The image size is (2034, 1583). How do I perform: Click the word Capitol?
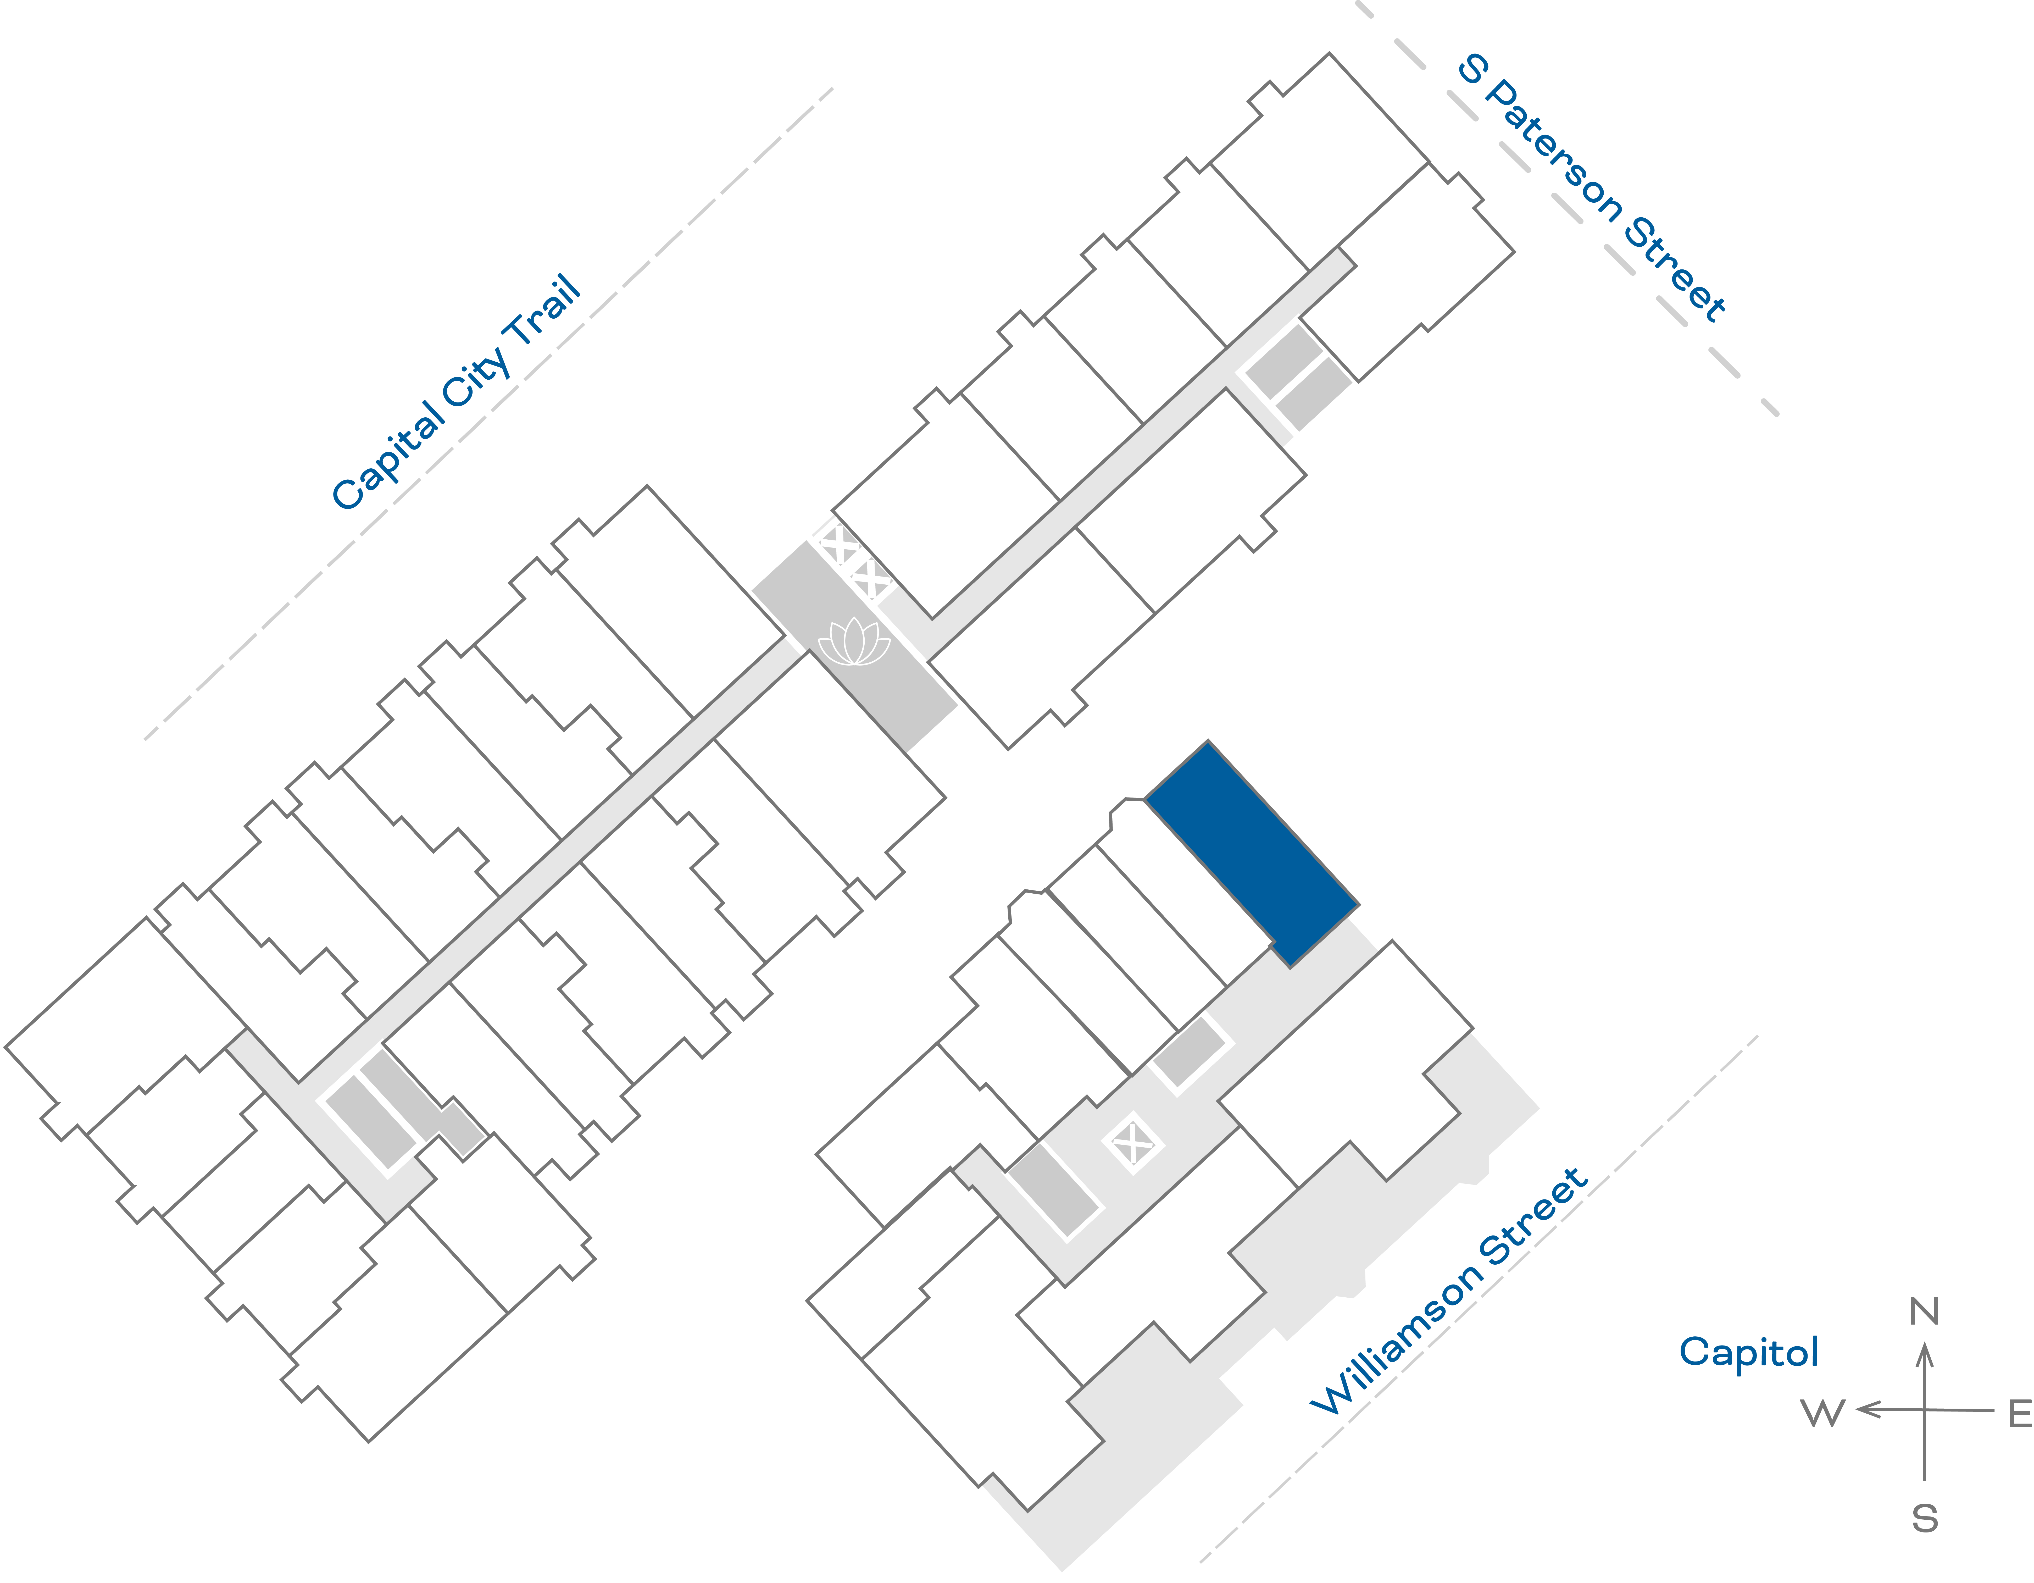(1748, 1352)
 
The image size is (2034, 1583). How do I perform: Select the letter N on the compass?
(1924, 1312)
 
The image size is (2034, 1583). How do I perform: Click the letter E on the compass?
(2019, 1413)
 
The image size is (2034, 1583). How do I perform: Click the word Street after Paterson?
(1674, 270)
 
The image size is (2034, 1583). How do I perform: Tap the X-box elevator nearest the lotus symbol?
(871, 580)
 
